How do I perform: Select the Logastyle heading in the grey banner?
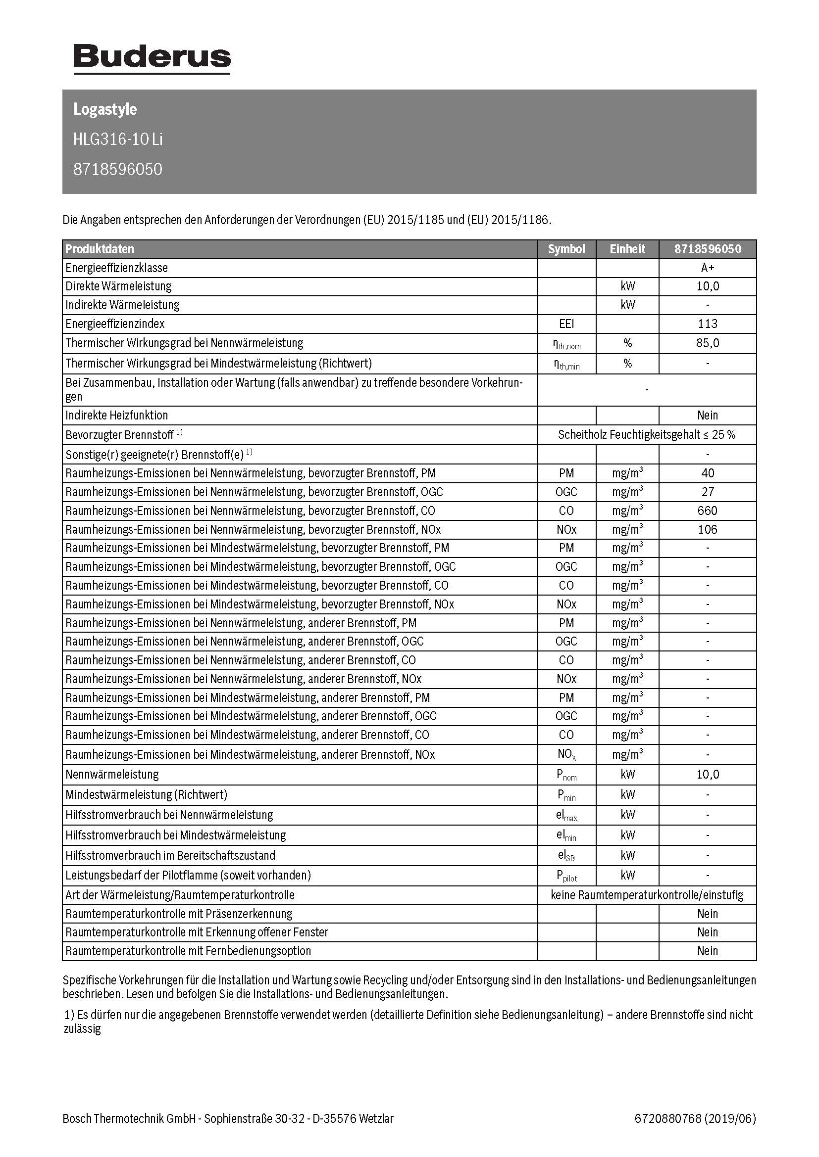(x=105, y=109)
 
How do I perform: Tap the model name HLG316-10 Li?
(x=118, y=139)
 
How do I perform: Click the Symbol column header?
(x=566, y=249)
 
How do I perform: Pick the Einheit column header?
(x=627, y=249)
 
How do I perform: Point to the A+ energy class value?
(x=708, y=268)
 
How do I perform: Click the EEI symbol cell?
(x=566, y=324)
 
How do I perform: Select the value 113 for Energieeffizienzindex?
(x=708, y=324)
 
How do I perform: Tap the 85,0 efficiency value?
(x=708, y=343)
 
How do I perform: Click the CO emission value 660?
(x=708, y=510)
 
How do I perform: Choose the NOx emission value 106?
(x=708, y=529)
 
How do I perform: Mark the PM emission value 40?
(x=708, y=473)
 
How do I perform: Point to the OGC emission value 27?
(x=708, y=492)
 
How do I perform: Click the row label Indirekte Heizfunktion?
(x=116, y=415)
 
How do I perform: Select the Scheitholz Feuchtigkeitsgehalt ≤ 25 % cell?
(x=647, y=434)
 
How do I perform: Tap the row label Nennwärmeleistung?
(x=112, y=774)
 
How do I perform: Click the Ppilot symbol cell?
(x=567, y=876)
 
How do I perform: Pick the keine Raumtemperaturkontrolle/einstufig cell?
(x=647, y=895)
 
